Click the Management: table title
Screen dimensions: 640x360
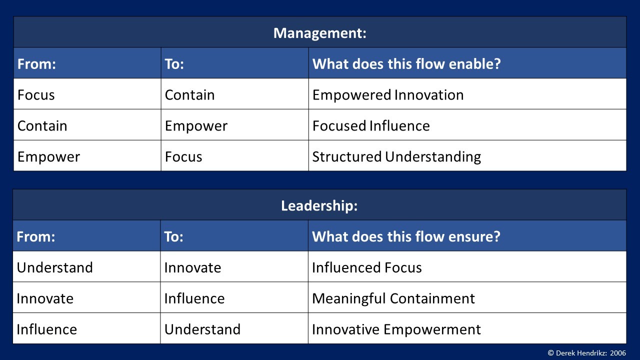(x=319, y=33)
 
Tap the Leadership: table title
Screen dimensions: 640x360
(x=319, y=205)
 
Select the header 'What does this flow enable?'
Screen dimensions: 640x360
(x=406, y=63)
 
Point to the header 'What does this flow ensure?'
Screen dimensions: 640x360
(x=406, y=236)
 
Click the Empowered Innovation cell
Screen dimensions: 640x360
(x=388, y=95)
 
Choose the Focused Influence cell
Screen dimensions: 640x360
(x=371, y=125)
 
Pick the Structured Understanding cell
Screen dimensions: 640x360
(x=396, y=157)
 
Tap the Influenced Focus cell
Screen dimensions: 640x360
(x=367, y=267)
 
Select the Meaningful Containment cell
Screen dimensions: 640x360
(x=393, y=298)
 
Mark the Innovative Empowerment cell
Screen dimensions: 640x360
(x=396, y=329)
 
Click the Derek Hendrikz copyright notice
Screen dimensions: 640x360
(x=587, y=353)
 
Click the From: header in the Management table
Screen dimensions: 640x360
(x=36, y=63)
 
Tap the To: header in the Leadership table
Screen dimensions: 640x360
(x=173, y=236)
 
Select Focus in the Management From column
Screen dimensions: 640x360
(x=36, y=95)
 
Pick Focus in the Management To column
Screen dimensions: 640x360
(x=183, y=157)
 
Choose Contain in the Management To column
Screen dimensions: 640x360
(x=189, y=95)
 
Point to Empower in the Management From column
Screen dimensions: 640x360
(x=48, y=157)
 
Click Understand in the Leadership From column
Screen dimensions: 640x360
(x=54, y=267)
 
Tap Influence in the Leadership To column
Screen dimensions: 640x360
(x=194, y=298)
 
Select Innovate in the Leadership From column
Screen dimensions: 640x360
(x=45, y=298)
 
